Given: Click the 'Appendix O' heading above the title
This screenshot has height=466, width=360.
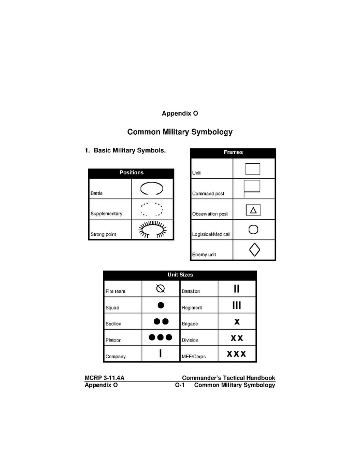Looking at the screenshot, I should (x=180, y=113).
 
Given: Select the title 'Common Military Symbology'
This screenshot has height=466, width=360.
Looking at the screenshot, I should (x=180, y=132).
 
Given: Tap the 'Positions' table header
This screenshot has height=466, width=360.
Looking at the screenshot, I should (x=131, y=173).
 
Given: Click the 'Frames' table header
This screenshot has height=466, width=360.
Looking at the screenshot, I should (x=233, y=152).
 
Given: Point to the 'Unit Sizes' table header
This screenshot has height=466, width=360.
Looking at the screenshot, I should (x=180, y=275).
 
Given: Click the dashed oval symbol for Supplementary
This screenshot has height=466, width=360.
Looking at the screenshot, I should (x=152, y=209).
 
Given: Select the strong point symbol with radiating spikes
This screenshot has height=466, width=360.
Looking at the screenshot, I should (x=152, y=229).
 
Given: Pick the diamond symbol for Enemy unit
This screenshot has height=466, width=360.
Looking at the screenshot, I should (x=254, y=249).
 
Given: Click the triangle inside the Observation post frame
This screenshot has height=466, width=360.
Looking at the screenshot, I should (x=253, y=210).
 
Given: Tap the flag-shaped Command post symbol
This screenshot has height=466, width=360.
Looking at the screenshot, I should (x=252, y=188).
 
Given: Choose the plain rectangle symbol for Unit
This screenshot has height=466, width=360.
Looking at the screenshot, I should (x=252, y=169).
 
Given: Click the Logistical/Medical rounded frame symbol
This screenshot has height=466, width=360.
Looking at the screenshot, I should (x=253, y=230).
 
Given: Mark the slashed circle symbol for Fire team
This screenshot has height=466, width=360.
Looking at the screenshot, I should (x=161, y=289).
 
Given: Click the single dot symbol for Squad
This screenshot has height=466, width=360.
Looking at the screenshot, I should (x=161, y=305).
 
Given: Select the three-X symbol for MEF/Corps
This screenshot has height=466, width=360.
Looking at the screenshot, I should (x=236, y=354).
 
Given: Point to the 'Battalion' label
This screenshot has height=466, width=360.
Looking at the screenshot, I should (x=191, y=292).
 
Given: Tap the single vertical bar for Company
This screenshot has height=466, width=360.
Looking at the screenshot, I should (x=161, y=354).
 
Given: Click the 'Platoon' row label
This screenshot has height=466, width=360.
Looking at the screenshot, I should (x=113, y=341).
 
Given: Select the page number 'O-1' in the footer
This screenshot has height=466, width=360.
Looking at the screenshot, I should (x=180, y=385).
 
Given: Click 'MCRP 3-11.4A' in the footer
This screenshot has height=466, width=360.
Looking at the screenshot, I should (x=104, y=378).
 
